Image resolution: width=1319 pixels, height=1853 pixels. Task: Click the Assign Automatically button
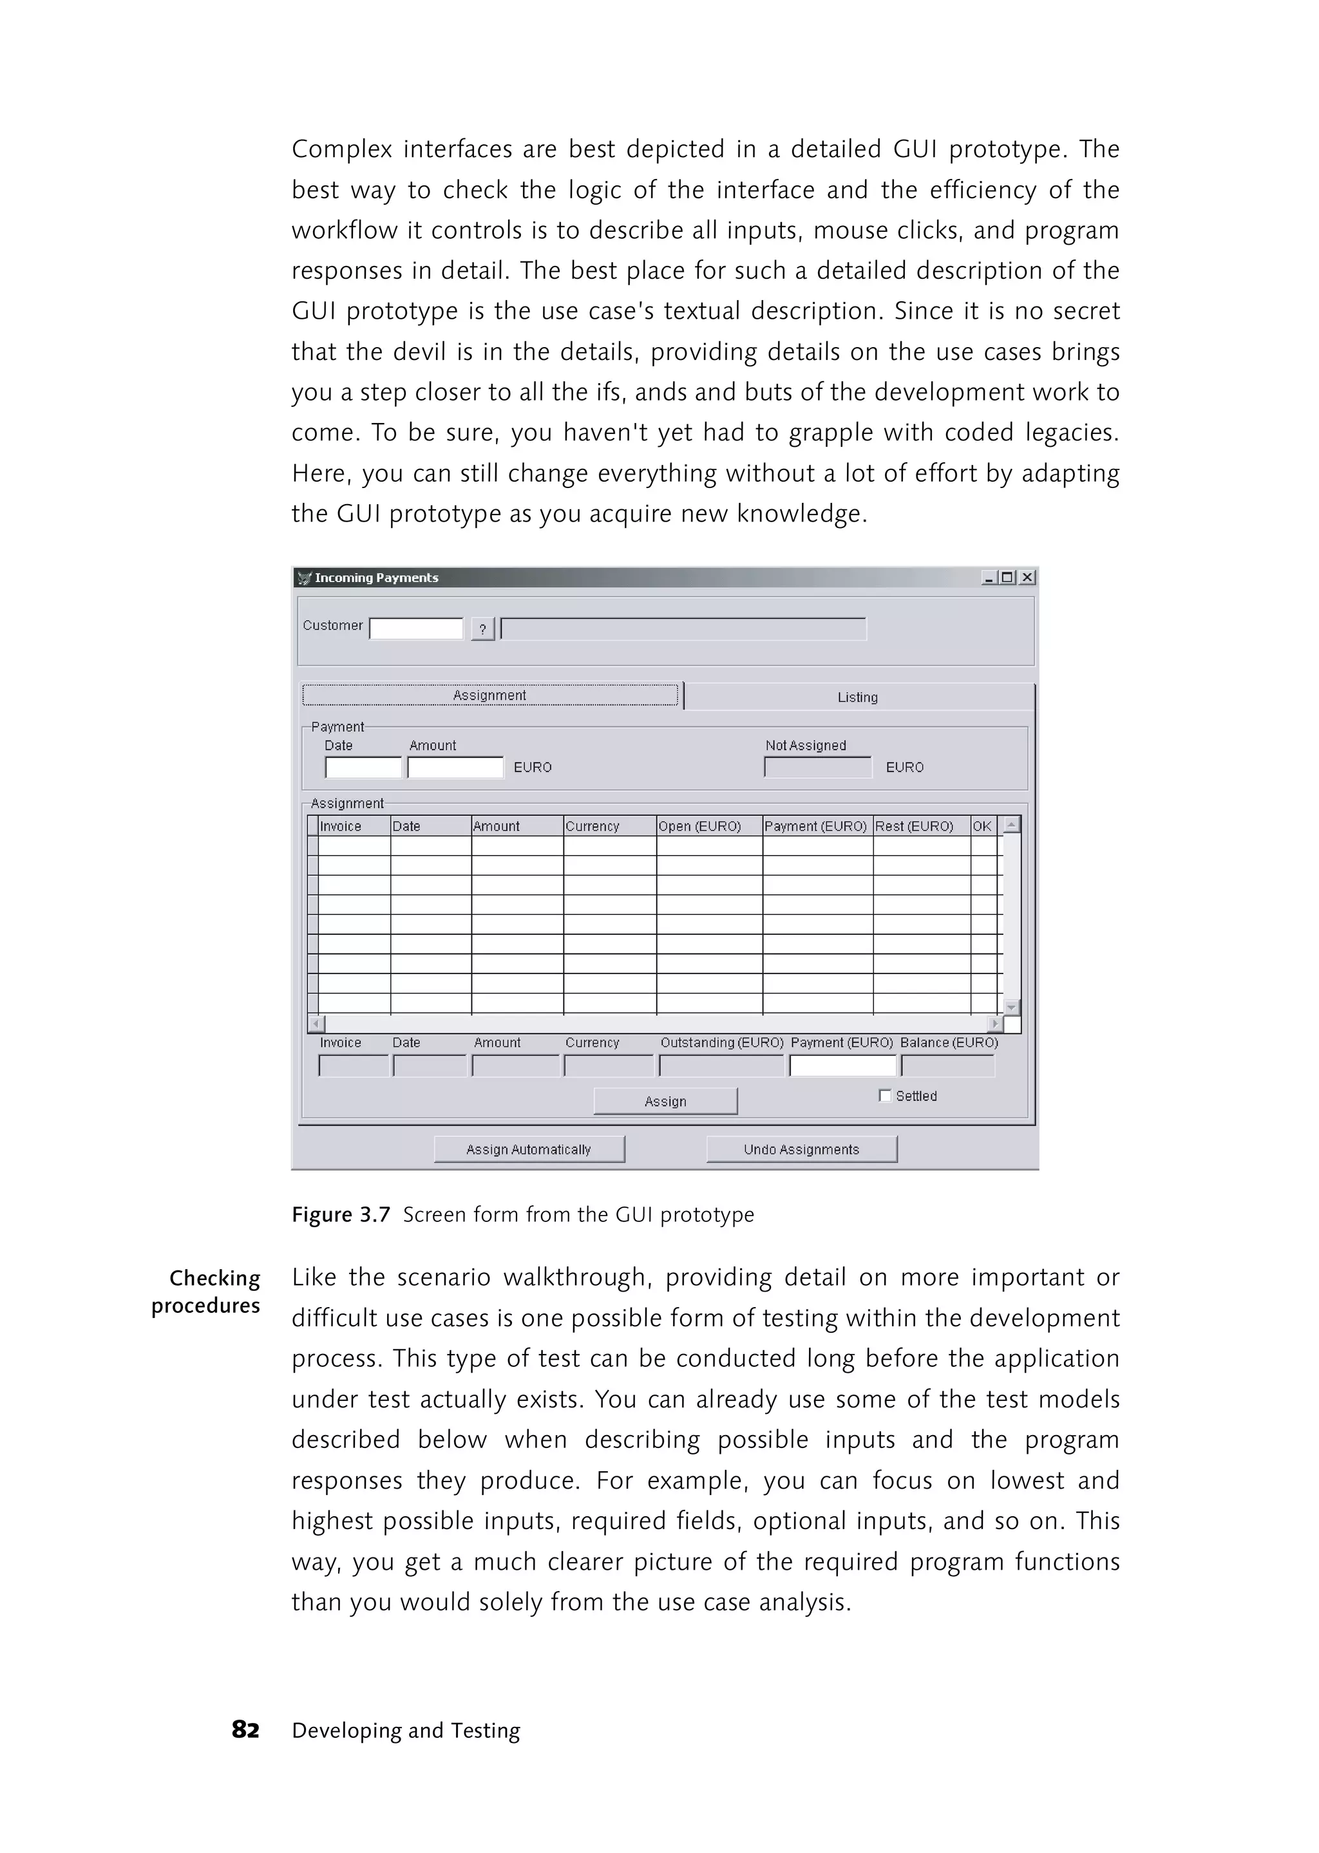point(529,1149)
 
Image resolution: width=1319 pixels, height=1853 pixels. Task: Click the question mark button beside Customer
point(482,628)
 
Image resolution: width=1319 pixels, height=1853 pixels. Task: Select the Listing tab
point(858,697)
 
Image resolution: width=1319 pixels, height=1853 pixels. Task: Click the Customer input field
point(416,628)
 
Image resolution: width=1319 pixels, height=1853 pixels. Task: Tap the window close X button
point(1027,578)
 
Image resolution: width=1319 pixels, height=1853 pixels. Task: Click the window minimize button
point(989,578)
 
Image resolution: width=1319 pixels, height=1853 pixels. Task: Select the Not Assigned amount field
point(817,767)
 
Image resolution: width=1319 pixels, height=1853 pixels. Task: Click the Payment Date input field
point(363,767)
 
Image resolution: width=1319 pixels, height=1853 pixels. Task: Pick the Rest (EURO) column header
point(915,826)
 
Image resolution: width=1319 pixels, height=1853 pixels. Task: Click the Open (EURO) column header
point(700,826)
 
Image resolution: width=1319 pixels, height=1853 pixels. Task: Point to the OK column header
point(982,826)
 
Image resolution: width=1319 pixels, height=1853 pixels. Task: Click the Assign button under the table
point(665,1101)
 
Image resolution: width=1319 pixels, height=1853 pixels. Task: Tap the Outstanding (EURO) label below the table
point(721,1042)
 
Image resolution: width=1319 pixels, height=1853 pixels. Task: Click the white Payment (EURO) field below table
point(842,1066)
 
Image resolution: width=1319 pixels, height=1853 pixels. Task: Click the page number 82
point(245,1729)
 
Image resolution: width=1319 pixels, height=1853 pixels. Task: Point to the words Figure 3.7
point(341,1215)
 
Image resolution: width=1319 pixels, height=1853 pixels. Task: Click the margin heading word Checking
point(214,1278)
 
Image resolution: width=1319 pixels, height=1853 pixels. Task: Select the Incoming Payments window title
point(376,578)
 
